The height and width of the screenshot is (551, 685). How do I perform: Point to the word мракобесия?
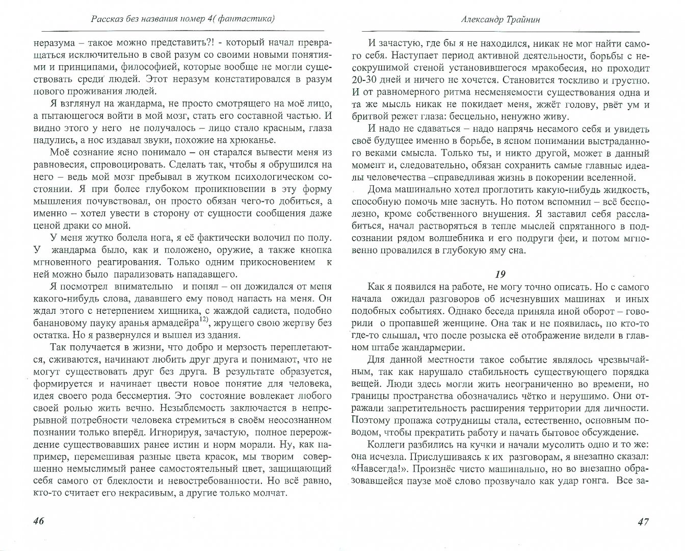[544, 67]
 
